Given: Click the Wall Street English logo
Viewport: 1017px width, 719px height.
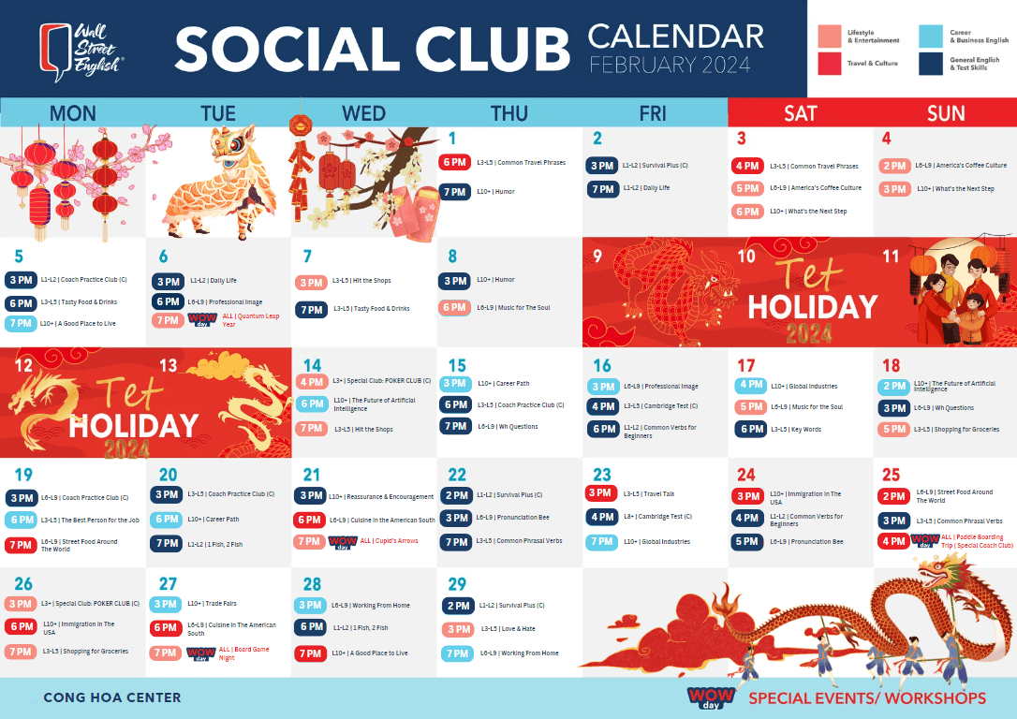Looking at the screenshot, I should [81, 49].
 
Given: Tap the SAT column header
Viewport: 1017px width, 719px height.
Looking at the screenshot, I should [800, 113].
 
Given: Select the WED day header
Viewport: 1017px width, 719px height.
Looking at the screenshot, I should [363, 113].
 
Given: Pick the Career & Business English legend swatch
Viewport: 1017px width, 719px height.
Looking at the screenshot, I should [930, 37].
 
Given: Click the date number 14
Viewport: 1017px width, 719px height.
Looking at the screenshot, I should [312, 365].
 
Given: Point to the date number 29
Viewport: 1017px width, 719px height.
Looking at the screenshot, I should [457, 583].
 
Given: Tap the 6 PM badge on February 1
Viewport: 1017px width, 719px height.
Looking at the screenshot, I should [455, 162].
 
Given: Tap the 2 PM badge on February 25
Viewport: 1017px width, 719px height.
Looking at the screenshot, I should [893, 496].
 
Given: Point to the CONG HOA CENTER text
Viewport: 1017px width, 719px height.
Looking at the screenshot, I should [112, 697].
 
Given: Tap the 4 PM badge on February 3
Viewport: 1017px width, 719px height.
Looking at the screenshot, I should [747, 166].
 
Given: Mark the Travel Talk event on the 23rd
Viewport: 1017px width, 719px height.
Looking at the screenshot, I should [658, 493].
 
